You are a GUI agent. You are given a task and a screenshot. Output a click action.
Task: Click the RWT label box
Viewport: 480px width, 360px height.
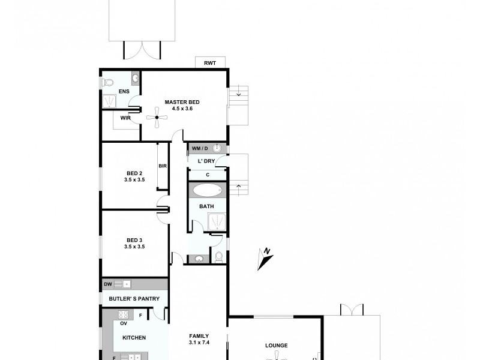point(210,63)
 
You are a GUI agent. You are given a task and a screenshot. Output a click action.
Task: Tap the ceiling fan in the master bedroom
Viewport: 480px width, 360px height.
point(156,118)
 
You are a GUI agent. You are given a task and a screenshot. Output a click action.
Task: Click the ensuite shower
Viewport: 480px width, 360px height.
point(109,101)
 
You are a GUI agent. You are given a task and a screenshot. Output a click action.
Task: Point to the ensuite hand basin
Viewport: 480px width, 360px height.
point(136,78)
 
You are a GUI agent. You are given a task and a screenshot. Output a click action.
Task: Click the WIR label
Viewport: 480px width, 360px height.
point(125,118)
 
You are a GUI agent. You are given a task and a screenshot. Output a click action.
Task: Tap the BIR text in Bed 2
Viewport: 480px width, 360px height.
point(162,166)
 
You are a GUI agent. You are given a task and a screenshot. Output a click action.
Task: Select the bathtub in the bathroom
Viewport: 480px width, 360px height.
point(207,191)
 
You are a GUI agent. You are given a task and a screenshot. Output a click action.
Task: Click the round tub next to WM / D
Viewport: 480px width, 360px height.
point(217,148)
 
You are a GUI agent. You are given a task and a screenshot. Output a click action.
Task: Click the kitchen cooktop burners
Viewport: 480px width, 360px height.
point(124,314)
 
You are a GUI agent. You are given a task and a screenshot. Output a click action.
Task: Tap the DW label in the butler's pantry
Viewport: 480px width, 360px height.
point(107,284)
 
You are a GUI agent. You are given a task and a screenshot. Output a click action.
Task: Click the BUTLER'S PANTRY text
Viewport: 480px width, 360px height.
point(134,299)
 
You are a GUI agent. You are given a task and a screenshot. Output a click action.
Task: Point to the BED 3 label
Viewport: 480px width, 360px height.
point(134,239)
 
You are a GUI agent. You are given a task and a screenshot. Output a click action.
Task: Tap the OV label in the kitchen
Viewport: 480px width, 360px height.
point(124,323)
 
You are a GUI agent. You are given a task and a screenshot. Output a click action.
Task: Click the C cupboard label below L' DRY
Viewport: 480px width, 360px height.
point(207,175)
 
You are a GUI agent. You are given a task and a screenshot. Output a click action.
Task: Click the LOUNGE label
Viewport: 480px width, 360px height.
point(277,345)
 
